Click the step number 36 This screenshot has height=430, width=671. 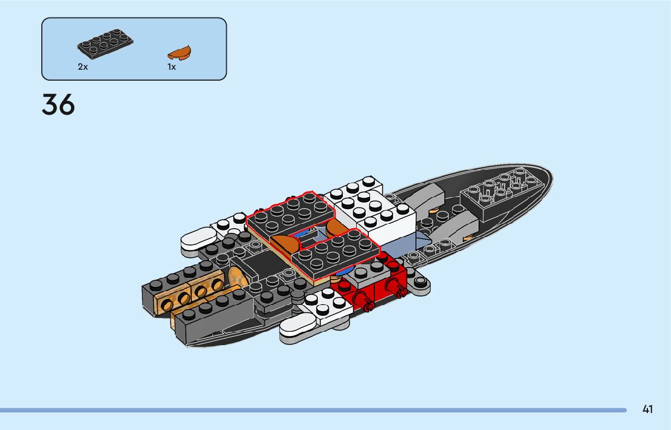(x=58, y=105)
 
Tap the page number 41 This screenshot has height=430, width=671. (x=647, y=409)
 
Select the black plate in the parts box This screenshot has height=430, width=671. (x=105, y=45)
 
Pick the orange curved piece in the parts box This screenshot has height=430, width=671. (x=180, y=52)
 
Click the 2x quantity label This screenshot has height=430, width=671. (x=83, y=67)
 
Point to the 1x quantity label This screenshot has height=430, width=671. (x=172, y=67)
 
